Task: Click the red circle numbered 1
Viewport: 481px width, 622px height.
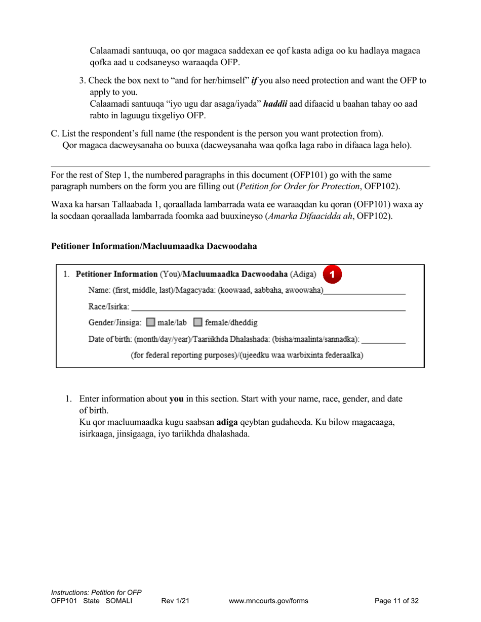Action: pos(332,274)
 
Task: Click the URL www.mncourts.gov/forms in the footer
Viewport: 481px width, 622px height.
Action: pos(268,601)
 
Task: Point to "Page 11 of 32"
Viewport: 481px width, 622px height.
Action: pos(396,601)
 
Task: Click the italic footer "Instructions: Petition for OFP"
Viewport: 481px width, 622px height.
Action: pos(96,592)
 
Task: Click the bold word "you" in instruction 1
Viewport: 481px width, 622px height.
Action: pos(176,398)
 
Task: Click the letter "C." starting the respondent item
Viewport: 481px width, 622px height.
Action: pos(56,134)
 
